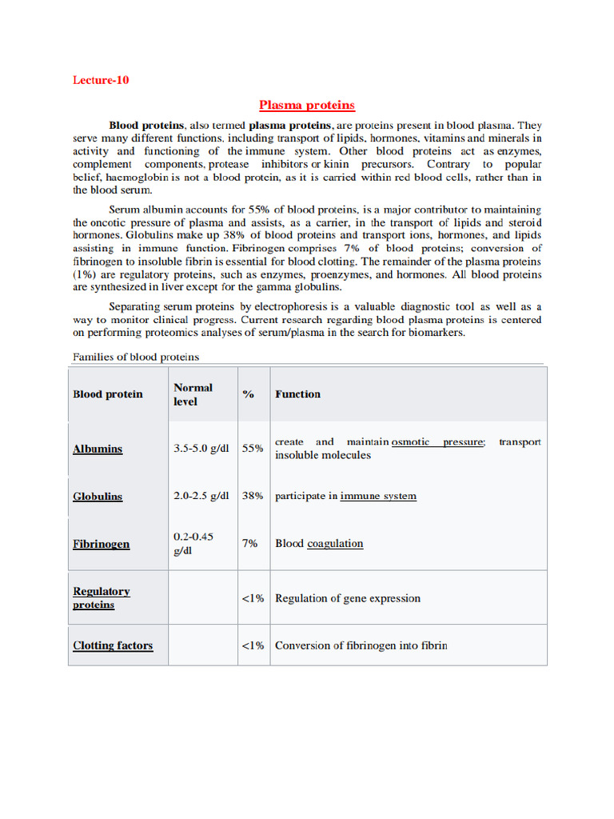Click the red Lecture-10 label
[101, 80]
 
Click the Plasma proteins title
[307, 105]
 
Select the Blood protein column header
[108, 394]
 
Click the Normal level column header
[193, 394]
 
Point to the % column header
[249, 394]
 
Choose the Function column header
[297, 394]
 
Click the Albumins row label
[98, 449]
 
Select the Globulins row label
[98, 496]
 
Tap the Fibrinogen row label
[101, 544]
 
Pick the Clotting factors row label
[113, 645]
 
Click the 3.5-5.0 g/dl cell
[201, 449]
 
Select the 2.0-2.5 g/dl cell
[201, 496]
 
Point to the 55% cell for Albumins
[253, 449]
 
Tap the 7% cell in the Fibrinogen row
[249, 543]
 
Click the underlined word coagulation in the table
[335, 544]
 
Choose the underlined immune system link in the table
[378, 496]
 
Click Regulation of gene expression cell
[347, 598]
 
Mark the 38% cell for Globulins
[253, 496]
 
